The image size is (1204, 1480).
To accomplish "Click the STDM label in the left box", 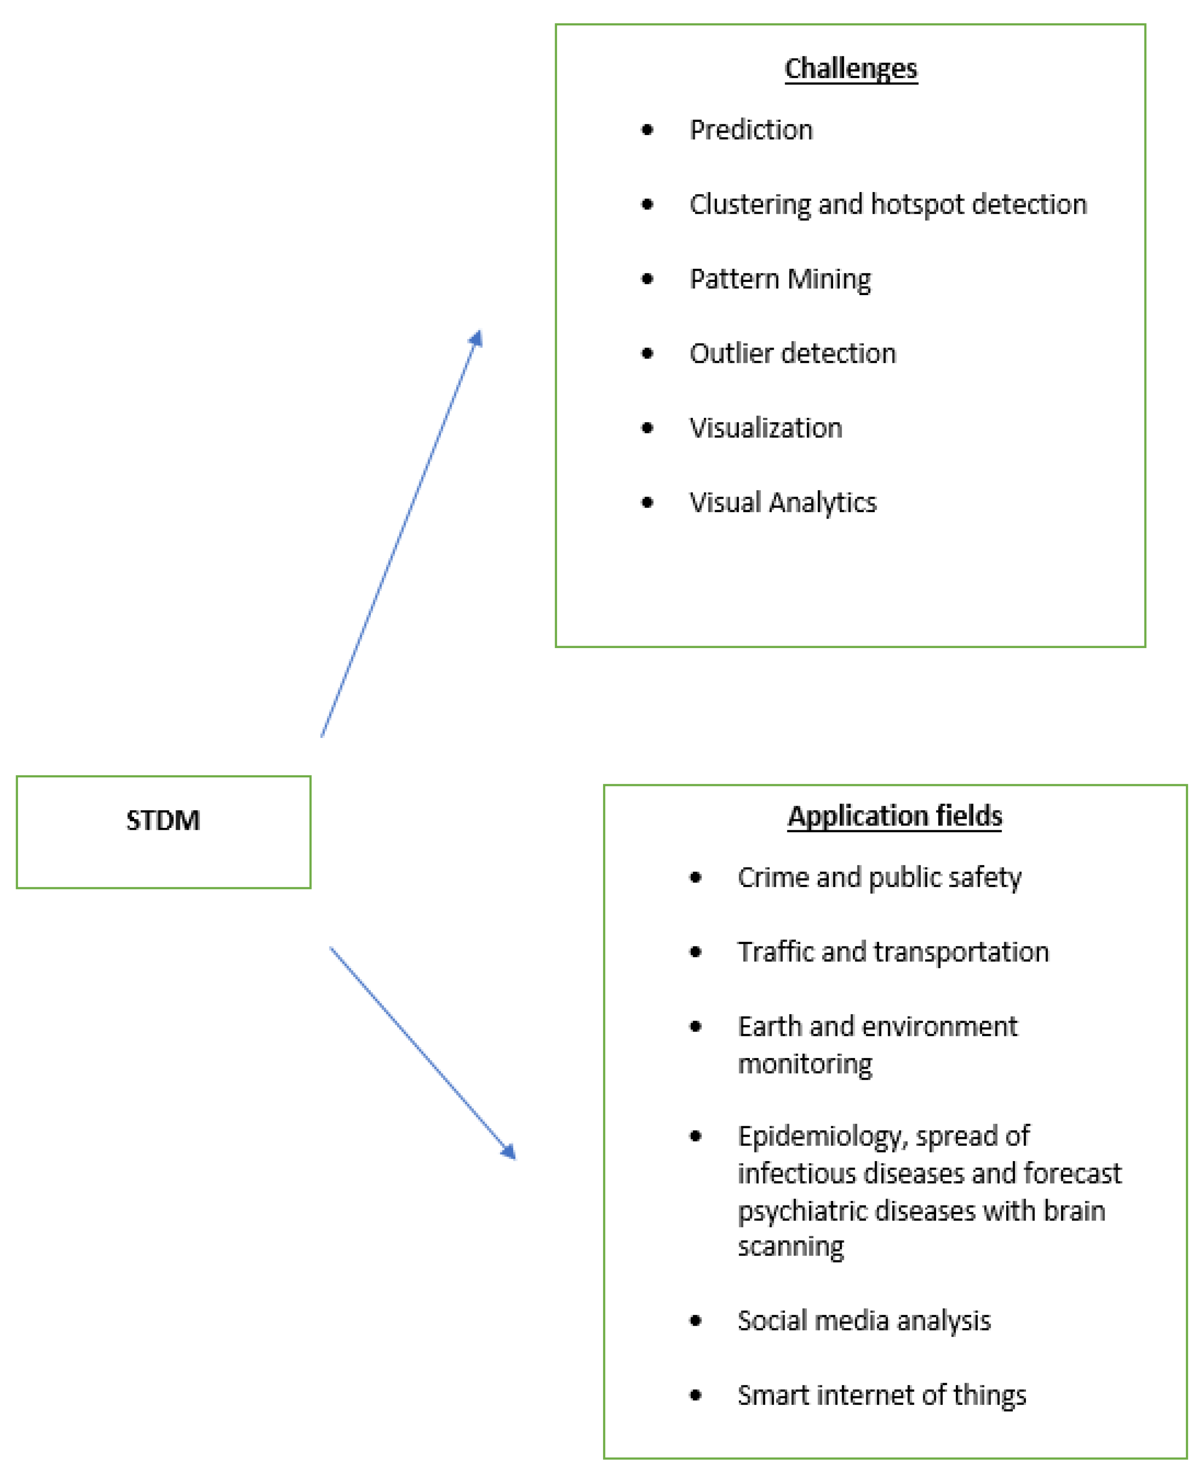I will click(x=163, y=820).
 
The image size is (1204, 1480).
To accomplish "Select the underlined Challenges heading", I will click(x=850, y=69).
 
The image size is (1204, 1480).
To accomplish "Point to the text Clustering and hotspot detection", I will click(x=888, y=204).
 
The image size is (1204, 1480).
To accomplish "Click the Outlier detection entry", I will click(x=792, y=354).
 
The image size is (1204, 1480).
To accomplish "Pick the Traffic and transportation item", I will click(x=893, y=952).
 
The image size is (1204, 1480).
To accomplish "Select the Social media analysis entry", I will click(x=864, y=1320).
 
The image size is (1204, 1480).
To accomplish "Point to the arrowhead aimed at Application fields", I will click(x=509, y=1152).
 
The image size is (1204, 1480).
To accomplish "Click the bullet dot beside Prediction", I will click(x=647, y=130).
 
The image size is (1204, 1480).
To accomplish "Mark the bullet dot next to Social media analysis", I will click(x=696, y=1320).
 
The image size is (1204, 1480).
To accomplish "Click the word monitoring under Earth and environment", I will click(x=804, y=1064).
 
